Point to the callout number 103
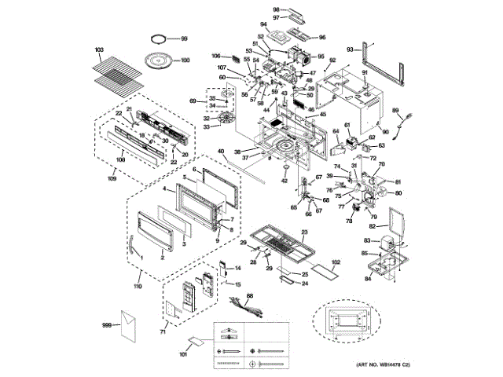(99, 49)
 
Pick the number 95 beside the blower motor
(321, 57)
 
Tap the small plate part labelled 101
(193, 342)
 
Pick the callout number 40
(221, 151)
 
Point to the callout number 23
(303, 232)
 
